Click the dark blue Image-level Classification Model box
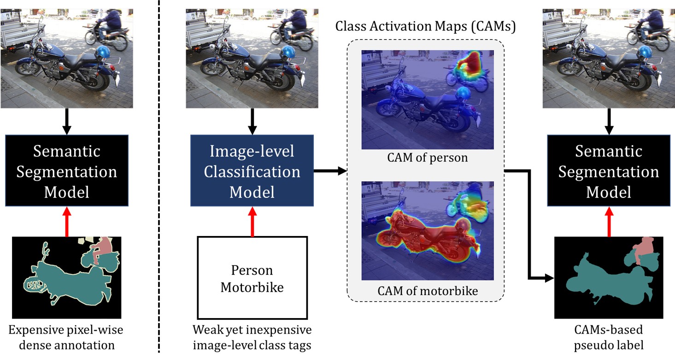[x=252, y=171]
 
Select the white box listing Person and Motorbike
[x=252, y=277]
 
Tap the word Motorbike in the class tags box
[x=252, y=287]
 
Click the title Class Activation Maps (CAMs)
[x=425, y=26]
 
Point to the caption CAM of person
[x=427, y=158]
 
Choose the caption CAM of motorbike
[x=427, y=291]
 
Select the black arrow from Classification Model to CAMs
[x=329, y=171]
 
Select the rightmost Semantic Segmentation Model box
[x=609, y=171]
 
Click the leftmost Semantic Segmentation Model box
[x=67, y=171]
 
